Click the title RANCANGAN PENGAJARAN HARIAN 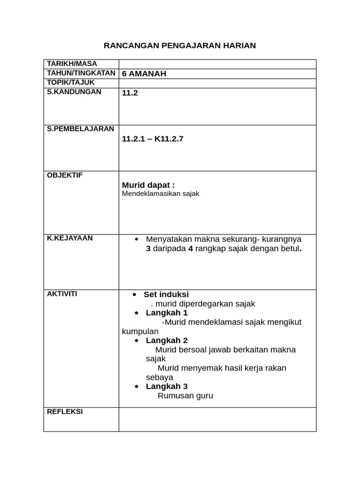tap(180, 45)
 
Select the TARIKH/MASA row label tap(72, 64)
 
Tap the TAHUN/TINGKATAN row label tap(81, 73)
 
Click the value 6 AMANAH tap(144, 74)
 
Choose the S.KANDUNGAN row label tap(74, 92)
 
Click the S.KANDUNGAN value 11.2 tap(130, 93)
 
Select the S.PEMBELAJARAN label tap(80, 129)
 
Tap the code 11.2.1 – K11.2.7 tap(152, 139)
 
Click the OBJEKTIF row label tap(65, 175)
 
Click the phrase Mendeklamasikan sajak tap(160, 194)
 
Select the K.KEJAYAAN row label tap(70, 238)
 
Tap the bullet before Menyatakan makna tap(136, 239)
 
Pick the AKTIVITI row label tap(62, 294)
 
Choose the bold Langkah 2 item tap(166, 340)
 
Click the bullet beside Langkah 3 tap(136, 387)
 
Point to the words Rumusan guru tap(185, 396)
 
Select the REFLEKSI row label tap(65, 412)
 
